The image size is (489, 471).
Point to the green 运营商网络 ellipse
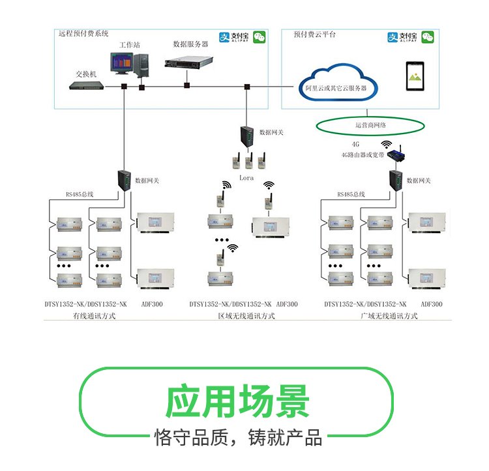tap(370, 124)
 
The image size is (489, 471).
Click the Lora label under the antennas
tap(246, 177)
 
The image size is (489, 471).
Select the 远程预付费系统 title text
tap(83, 33)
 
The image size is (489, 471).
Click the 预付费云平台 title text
tap(315, 34)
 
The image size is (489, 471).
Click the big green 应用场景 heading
tap(237, 401)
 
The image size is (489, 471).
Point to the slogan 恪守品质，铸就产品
tap(237, 437)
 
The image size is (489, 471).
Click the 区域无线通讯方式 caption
tap(246, 316)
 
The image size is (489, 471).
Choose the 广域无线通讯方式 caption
tap(389, 316)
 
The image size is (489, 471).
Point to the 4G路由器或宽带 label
tap(362, 156)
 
